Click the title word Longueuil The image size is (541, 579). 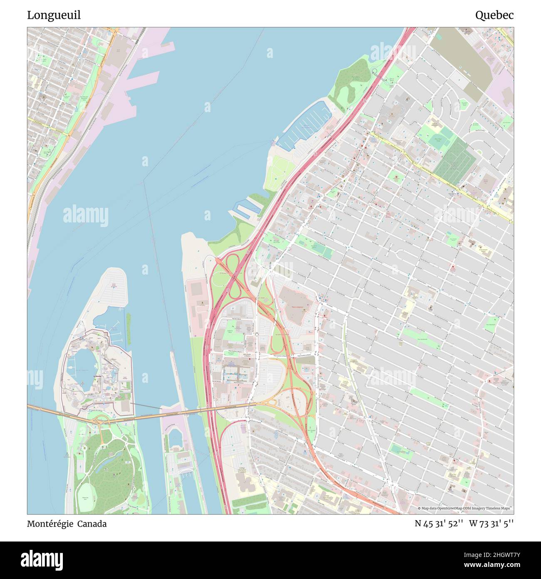tap(54, 15)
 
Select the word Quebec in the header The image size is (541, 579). tap(494, 15)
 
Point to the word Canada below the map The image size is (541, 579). tap(93, 524)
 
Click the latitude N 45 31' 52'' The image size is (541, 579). tap(439, 524)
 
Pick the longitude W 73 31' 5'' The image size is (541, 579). tap(491, 524)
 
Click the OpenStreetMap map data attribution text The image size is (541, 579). tap(465, 509)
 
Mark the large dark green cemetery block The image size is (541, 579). tap(454, 158)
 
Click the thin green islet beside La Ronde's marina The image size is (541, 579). tap(129, 329)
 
